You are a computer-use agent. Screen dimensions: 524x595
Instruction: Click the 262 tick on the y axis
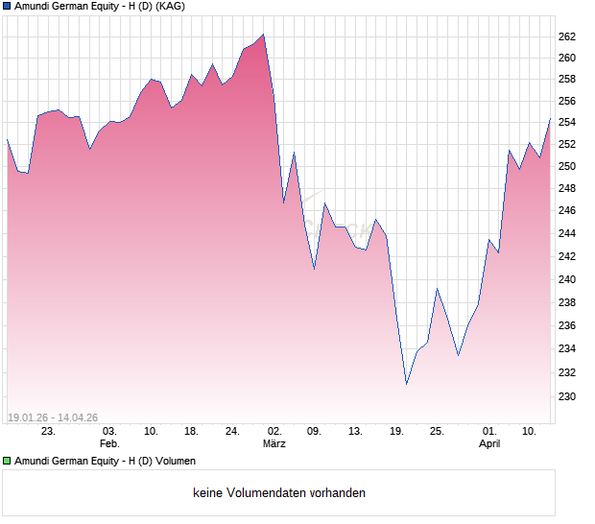(x=566, y=36)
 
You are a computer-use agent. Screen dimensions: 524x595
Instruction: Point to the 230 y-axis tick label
(x=566, y=396)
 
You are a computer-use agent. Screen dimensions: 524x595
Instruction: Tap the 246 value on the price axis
(x=566, y=211)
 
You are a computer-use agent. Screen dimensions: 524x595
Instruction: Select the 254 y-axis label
(x=566, y=122)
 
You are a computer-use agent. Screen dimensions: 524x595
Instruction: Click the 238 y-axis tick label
(x=566, y=302)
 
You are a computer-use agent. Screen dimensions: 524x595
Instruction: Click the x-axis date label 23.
(x=49, y=431)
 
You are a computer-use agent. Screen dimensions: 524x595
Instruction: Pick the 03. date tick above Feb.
(x=109, y=431)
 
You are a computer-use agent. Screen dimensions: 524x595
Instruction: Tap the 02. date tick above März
(x=274, y=431)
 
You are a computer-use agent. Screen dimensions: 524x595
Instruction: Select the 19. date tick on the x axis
(x=396, y=431)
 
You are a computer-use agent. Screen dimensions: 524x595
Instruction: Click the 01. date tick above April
(x=489, y=431)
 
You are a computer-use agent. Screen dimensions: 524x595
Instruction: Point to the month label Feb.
(x=109, y=443)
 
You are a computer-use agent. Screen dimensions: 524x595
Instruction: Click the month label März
(x=274, y=443)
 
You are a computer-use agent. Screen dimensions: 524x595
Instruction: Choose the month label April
(x=489, y=443)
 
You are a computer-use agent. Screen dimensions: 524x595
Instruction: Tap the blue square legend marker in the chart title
(x=7, y=6)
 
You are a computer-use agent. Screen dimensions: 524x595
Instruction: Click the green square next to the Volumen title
(x=7, y=461)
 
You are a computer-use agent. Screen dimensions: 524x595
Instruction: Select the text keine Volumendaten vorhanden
(x=279, y=493)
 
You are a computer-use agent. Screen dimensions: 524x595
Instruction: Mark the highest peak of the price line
(x=263, y=35)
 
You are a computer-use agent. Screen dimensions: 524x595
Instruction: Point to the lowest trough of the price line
(x=406, y=384)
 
